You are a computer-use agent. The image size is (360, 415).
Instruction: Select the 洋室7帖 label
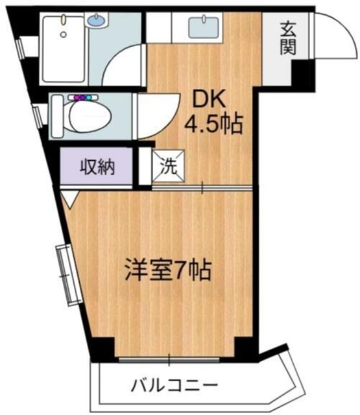[x=167, y=270]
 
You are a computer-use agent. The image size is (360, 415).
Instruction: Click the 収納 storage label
[x=97, y=167]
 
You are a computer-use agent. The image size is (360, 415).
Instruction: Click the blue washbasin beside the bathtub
[x=95, y=20]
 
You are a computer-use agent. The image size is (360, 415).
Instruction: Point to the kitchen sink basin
[x=202, y=28]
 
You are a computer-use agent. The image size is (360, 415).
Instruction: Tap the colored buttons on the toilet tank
[x=83, y=97]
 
